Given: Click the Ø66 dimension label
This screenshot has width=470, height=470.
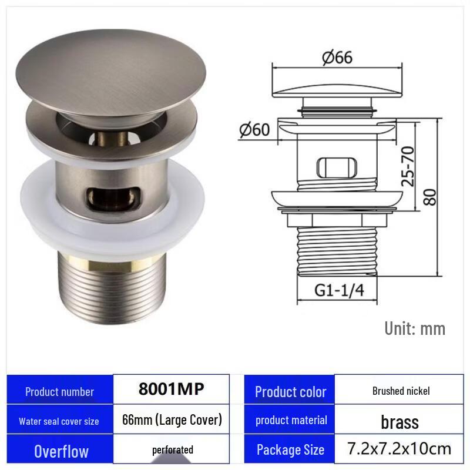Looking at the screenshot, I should pyautogui.click(x=337, y=58).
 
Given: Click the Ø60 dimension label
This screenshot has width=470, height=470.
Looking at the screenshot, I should pyautogui.click(x=254, y=129).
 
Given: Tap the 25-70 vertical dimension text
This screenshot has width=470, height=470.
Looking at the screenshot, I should pyautogui.click(x=407, y=166).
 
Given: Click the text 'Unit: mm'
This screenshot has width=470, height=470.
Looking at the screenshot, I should pyautogui.click(x=415, y=328).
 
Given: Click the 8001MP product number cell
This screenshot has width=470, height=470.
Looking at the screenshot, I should pyautogui.click(x=171, y=390).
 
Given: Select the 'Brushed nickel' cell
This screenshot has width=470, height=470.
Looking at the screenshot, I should pyautogui.click(x=401, y=391).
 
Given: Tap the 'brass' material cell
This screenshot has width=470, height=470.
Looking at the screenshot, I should pyautogui.click(x=399, y=421).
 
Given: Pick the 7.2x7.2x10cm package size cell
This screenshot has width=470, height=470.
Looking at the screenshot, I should pyautogui.click(x=399, y=449).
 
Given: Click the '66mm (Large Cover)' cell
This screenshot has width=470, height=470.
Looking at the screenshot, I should pyautogui.click(x=172, y=420).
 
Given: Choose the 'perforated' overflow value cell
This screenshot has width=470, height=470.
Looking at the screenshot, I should pyautogui.click(x=172, y=450).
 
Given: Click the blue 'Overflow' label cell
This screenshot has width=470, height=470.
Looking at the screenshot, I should pyautogui.click(x=61, y=451).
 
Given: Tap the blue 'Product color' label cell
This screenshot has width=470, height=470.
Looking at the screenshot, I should pyautogui.click(x=290, y=392).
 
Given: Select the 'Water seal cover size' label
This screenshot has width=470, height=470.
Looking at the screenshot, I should pyautogui.click(x=59, y=421).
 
